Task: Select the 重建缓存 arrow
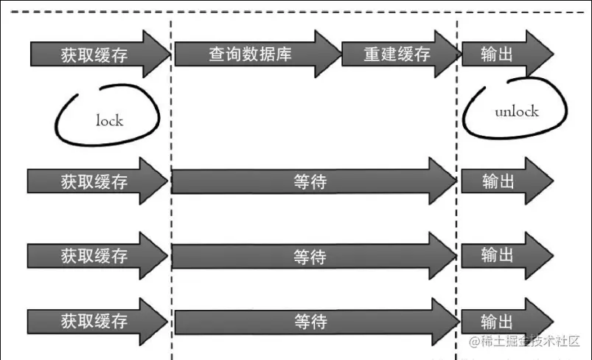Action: tap(397, 55)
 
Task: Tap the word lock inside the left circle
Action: tap(109, 120)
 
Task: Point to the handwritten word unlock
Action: tap(516, 112)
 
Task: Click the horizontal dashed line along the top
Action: tap(295, 13)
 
